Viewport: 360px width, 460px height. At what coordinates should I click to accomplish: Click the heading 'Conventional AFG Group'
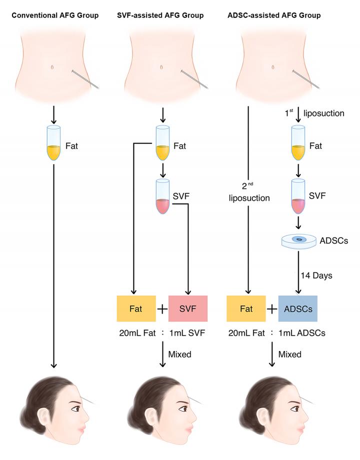[x=55, y=15]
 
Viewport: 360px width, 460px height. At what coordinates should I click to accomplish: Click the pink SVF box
[x=188, y=309]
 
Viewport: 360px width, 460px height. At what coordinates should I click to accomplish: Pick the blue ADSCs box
[x=298, y=309]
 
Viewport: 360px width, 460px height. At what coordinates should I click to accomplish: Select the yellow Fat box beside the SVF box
[x=136, y=309]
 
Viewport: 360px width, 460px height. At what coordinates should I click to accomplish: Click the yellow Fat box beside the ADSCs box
[x=246, y=309]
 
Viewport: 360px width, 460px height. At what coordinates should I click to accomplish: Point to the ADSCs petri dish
[x=298, y=241]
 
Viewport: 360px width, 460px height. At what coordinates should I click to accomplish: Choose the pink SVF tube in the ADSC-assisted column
[x=298, y=198]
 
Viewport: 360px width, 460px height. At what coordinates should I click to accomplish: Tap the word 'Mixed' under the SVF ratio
[x=180, y=354]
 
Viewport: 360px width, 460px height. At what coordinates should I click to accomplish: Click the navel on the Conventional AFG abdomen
[x=52, y=67]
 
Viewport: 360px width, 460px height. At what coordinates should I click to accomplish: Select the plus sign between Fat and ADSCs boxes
[x=272, y=309]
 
